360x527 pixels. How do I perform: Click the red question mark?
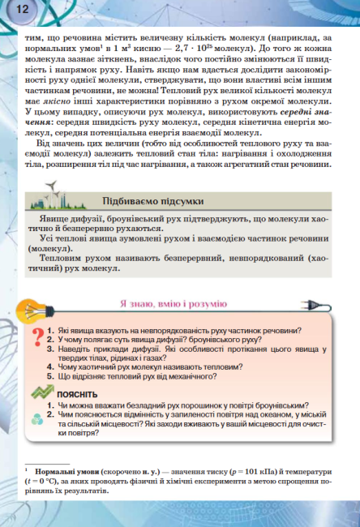(36, 336)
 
